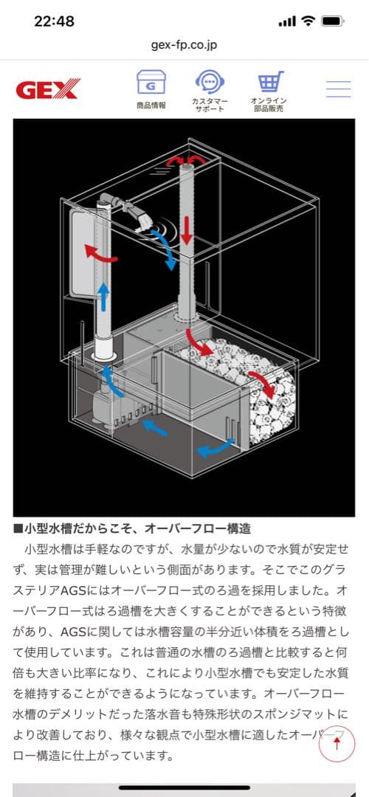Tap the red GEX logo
(47, 90)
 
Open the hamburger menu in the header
(338, 89)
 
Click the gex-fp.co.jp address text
(184, 44)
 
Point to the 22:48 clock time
(54, 21)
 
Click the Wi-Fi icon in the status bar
(307, 21)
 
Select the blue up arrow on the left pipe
(104, 295)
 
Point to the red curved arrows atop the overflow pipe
(187, 160)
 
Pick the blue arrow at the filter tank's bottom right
(214, 446)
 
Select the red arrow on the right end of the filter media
(259, 384)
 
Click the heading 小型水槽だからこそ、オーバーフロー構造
(133, 529)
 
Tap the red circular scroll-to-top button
(337, 743)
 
